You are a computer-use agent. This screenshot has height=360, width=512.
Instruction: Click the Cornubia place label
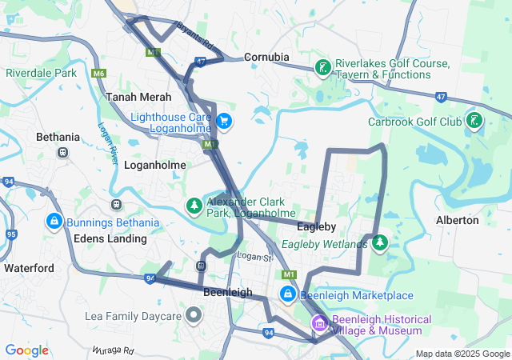point(266,57)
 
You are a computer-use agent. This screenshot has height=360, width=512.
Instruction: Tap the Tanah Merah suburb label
point(138,96)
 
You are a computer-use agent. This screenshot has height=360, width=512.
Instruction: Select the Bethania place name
point(58,137)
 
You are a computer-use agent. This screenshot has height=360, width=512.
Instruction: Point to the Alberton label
point(457,220)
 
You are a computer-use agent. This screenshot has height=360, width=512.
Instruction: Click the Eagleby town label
point(316,226)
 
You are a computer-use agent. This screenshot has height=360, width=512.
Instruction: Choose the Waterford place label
point(29,268)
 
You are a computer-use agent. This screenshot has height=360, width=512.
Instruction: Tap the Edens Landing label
point(110,238)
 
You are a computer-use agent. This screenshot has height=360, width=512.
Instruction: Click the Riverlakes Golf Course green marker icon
point(322,68)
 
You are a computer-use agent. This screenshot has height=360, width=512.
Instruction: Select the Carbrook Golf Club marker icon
point(475,122)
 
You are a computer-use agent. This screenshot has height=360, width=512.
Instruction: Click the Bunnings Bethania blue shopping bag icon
point(54,220)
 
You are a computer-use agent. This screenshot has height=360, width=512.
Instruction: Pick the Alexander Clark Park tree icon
point(194,206)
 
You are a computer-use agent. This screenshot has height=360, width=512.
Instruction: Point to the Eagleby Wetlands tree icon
point(380,242)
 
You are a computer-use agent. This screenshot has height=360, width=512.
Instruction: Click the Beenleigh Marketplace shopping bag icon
point(287,295)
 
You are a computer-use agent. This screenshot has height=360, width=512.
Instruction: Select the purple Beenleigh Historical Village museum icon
point(319,324)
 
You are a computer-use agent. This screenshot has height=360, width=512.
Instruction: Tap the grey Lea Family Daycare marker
point(194,316)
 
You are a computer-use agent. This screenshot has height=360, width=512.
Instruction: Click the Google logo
point(27,350)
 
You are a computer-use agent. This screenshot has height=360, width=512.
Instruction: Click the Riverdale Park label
point(41,73)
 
